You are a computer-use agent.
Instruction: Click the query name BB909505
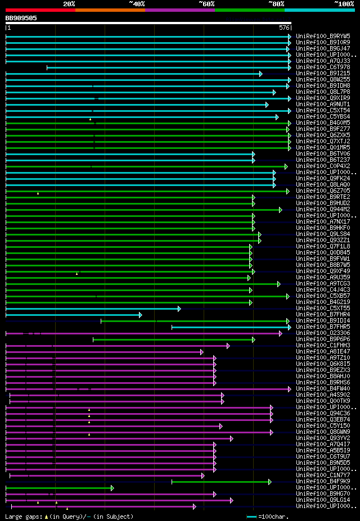coord(21,18)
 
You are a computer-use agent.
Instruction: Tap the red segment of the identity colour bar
coord(40,10)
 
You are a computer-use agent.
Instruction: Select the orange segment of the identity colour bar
coord(110,10)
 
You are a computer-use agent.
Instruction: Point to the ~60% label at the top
coord(206,3)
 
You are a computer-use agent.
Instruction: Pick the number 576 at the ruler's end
coord(284,28)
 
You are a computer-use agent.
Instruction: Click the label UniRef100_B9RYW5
coord(323,36)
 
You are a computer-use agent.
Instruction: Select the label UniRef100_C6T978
coord(323,67)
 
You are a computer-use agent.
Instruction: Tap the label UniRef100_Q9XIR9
coord(323,98)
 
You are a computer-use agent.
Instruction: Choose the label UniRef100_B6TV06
coord(323,153)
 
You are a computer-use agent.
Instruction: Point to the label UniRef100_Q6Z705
coord(323,191)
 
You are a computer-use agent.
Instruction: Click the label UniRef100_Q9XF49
coord(323,271)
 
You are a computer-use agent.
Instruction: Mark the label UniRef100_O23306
coord(323,333)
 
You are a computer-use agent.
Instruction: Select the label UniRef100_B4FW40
coord(323,388)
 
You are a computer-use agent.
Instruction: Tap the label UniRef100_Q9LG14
coord(323,500)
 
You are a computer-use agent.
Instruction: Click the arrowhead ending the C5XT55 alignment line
coord(179,308)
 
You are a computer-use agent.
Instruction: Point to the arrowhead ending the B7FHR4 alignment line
coord(140,314)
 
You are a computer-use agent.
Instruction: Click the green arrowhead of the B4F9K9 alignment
coord(269,481)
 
